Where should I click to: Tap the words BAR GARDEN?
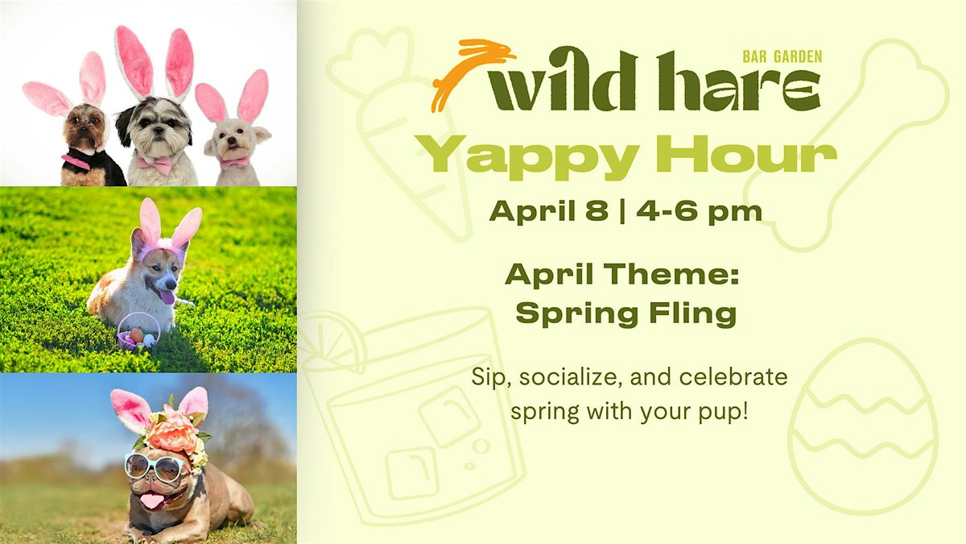(782, 56)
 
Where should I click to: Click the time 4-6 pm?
(699, 212)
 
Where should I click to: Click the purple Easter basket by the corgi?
(138, 331)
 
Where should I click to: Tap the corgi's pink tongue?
(167, 297)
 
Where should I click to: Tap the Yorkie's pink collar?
(76, 161)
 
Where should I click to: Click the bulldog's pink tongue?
(150, 500)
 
